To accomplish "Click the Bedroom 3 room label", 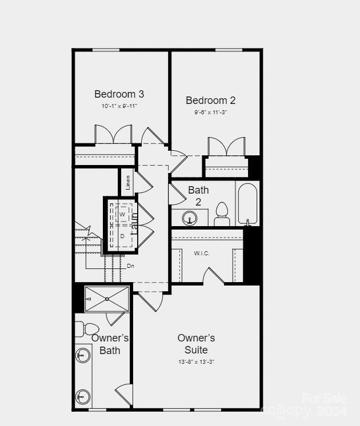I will (x=119, y=94).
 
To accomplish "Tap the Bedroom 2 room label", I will (x=210, y=101).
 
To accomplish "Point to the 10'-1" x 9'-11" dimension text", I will (x=119, y=106).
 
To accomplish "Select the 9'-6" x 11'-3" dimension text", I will (x=210, y=112).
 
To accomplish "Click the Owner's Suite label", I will (x=196, y=344).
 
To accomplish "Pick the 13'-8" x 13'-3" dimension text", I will (x=196, y=362).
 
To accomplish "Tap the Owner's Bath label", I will (x=110, y=344).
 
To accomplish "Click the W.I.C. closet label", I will (x=203, y=253).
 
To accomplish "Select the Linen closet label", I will (x=128, y=183).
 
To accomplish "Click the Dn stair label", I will (x=130, y=266).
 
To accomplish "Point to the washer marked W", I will (x=122, y=214).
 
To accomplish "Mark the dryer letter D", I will (x=122, y=236).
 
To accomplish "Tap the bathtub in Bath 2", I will (x=247, y=204).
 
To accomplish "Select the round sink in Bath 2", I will (x=189, y=218).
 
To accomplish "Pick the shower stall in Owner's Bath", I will (x=107, y=299).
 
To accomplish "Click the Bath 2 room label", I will (x=198, y=196).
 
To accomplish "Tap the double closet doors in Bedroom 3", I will (x=113, y=135).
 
